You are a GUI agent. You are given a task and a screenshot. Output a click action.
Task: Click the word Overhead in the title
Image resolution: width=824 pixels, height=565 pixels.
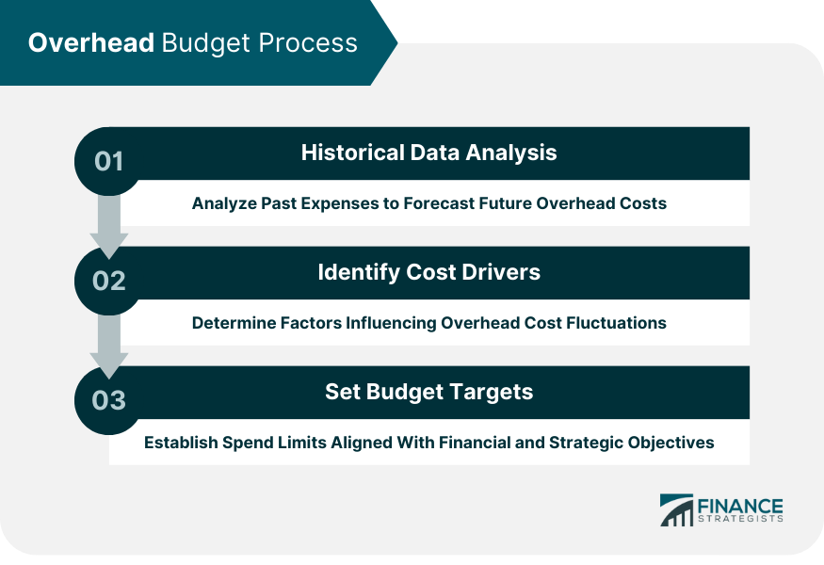click(90, 43)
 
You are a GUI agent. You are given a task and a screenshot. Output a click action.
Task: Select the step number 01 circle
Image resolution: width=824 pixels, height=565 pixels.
click(109, 161)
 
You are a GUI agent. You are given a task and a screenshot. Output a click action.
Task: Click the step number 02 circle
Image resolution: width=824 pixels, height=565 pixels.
click(109, 281)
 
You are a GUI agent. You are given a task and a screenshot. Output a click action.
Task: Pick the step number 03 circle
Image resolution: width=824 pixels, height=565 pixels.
click(109, 400)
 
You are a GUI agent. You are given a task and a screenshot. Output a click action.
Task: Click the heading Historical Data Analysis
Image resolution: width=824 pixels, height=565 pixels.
click(428, 153)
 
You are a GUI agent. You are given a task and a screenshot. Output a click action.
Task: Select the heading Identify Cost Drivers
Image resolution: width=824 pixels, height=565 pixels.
click(428, 272)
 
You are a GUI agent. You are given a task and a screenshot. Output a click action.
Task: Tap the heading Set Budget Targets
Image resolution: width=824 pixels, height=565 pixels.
click(428, 392)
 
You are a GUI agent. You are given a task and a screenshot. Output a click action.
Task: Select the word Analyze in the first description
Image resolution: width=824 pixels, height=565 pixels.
click(224, 203)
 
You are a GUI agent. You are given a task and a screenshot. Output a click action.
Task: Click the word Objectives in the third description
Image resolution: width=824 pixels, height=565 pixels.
click(674, 443)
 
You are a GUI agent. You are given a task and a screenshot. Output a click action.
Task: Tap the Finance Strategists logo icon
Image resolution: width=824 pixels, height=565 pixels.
click(676, 509)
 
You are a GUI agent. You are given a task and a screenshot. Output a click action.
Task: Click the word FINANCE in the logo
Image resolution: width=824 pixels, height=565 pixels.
click(739, 505)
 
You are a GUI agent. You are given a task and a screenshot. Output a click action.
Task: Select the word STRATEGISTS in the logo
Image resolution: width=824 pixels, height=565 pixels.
click(739, 519)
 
